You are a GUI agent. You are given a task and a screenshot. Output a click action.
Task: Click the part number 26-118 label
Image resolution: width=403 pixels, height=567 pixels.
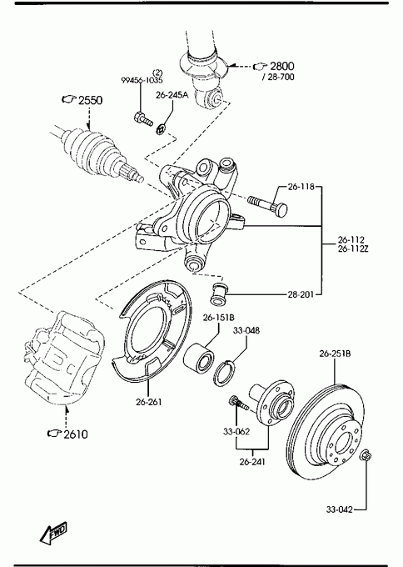301,187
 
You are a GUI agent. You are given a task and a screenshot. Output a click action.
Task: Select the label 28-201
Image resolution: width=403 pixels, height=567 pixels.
301,294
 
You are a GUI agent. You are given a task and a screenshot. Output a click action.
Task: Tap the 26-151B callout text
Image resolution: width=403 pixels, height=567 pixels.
219,318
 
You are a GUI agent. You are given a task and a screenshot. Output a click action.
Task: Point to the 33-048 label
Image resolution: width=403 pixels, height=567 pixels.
246,330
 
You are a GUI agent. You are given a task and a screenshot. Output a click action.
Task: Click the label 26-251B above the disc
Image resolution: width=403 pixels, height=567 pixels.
335,354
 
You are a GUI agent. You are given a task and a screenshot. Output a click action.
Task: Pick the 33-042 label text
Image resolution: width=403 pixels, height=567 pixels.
340,509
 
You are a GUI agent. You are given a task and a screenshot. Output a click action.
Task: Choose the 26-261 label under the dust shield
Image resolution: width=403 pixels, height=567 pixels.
149,402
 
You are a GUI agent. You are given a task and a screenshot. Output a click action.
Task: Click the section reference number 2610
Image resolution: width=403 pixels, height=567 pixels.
76,434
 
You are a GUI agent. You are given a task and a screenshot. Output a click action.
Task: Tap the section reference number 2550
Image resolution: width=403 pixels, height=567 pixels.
90,100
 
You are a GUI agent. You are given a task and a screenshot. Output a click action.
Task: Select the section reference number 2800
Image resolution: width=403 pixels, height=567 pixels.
282,66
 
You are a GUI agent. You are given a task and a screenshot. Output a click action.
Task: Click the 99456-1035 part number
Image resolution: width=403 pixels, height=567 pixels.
142,80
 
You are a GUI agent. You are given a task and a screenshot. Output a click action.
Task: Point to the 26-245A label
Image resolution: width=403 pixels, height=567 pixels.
172,95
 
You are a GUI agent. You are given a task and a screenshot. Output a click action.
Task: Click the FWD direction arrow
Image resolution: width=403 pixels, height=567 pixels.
53,533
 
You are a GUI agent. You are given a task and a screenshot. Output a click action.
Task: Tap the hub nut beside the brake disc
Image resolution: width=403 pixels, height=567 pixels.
366,455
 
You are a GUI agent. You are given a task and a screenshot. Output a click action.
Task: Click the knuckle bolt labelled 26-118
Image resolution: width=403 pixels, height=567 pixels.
268,205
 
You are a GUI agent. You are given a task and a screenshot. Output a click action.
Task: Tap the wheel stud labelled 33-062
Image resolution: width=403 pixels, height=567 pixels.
239,403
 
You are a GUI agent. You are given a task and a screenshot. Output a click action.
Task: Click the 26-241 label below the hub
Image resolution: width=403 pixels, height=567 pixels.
252,462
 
